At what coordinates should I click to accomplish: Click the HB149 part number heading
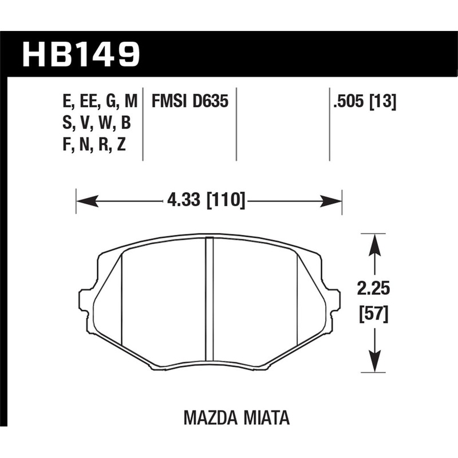pyautogui.click(x=81, y=54)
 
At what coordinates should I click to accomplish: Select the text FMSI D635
pyautogui.click(x=189, y=102)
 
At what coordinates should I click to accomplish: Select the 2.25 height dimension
pyautogui.click(x=373, y=289)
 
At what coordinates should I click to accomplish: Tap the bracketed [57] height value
pyautogui.click(x=373, y=313)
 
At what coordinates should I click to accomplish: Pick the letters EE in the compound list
pyautogui.click(x=88, y=102)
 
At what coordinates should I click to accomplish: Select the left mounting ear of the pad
pyautogui.click(x=86, y=302)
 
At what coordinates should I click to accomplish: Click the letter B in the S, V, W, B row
pyautogui.click(x=126, y=124)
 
